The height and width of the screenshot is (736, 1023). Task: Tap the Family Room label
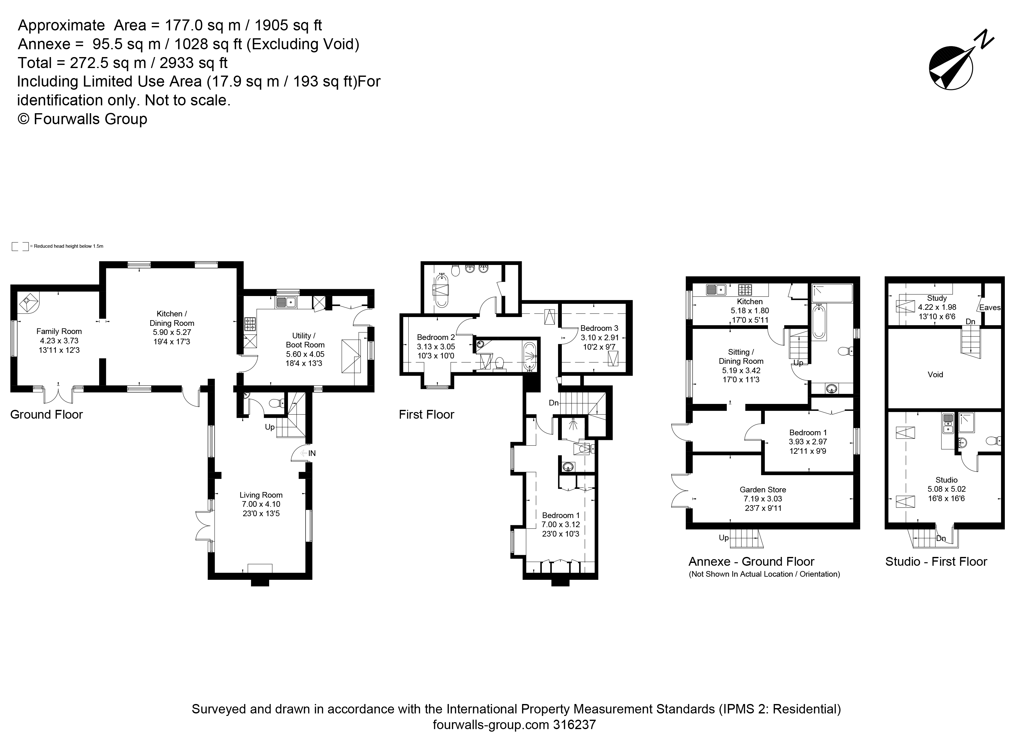tap(59, 331)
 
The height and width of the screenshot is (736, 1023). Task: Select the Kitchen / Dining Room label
tap(172, 318)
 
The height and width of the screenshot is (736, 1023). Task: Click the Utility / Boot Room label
tap(305, 340)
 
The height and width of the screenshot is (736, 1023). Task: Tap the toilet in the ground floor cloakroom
tap(275, 403)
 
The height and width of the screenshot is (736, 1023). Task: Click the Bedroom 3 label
tap(599, 328)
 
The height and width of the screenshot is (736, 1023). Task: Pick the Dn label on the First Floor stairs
tap(554, 403)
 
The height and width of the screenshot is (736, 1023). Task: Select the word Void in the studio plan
tap(935, 375)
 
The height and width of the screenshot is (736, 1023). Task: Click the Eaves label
tap(990, 308)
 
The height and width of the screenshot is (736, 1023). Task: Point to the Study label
tap(937, 298)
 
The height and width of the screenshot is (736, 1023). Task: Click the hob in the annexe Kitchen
tap(745, 289)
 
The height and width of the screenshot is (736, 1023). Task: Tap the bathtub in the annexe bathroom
tap(819, 321)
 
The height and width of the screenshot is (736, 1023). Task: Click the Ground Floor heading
tap(46, 415)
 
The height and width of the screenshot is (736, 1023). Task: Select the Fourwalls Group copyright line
tap(83, 119)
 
